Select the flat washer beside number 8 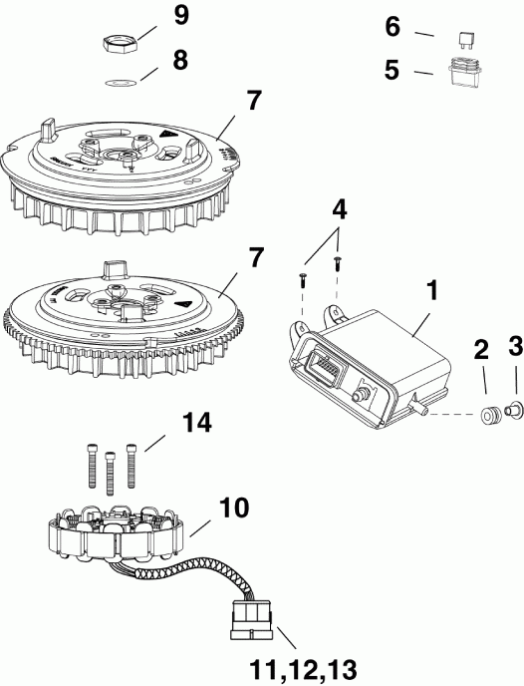point(120,83)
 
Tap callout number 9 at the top point(179,15)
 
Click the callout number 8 point(179,60)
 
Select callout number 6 point(393,27)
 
